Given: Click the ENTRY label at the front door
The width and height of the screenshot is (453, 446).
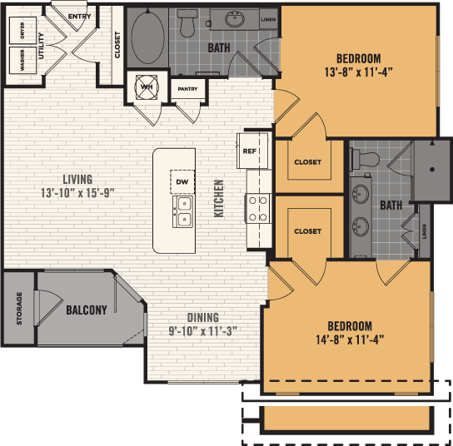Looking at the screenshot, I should pos(80,16).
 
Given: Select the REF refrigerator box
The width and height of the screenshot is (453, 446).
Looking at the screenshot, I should pos(249,151).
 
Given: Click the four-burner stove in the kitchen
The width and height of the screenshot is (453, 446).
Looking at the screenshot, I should pos(257,208).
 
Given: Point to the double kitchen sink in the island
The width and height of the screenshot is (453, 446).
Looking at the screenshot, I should pos(182,211).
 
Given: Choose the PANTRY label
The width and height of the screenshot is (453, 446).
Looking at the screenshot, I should pos(188,88).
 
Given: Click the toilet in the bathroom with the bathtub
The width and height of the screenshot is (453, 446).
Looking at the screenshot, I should pos(187,27).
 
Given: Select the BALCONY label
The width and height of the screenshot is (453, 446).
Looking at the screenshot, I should pos(87,310).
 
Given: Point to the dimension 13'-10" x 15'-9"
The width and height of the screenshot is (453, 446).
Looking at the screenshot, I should pos(77,193).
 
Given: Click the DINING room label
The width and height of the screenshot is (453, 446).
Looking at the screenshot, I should pos(203,318).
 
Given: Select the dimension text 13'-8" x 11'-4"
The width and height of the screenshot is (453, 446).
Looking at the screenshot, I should pos(358,72).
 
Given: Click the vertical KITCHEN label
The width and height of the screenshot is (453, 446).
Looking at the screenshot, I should pos(220,198).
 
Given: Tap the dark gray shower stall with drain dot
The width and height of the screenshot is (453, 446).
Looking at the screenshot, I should pos(432,171).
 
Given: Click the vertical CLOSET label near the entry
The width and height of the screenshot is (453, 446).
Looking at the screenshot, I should pos(117,45).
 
